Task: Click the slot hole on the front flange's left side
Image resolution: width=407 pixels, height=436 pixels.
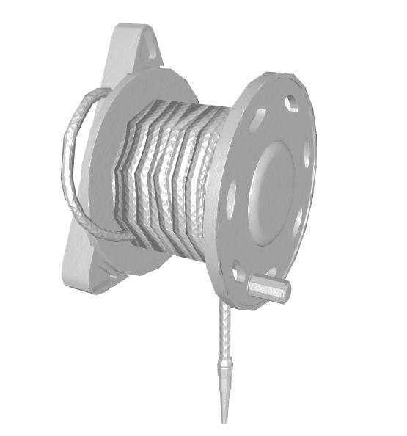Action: (232, 198)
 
